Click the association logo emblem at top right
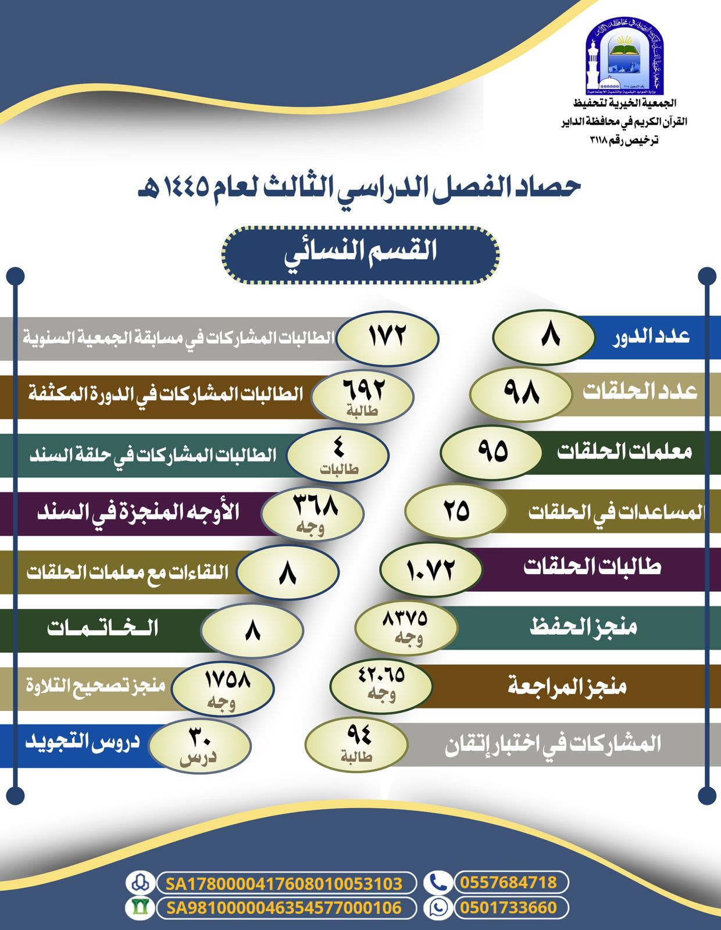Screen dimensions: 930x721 coord(624,56)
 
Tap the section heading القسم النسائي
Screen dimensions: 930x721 coord(360,255)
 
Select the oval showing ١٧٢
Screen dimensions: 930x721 coord(387,338)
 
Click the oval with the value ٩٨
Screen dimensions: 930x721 coord(520,394)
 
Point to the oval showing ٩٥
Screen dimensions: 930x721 coord(491,452)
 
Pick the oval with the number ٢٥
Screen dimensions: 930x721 coord(456,511)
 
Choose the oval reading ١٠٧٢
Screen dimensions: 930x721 coord(431,570)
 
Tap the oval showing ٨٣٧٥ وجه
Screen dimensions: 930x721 coord(406,628)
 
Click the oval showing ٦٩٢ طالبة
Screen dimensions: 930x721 coord(362,396)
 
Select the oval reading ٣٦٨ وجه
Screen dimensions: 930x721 coord(313,513)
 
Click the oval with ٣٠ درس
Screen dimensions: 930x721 coord(199,746)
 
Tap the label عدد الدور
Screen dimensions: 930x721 coord(651,337)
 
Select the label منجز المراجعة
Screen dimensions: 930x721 coord(567,686)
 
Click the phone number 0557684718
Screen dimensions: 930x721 coord(509,882)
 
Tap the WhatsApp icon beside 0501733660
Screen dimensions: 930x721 coord(437,908)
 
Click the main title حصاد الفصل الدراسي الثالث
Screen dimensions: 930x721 coord(359,187)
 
